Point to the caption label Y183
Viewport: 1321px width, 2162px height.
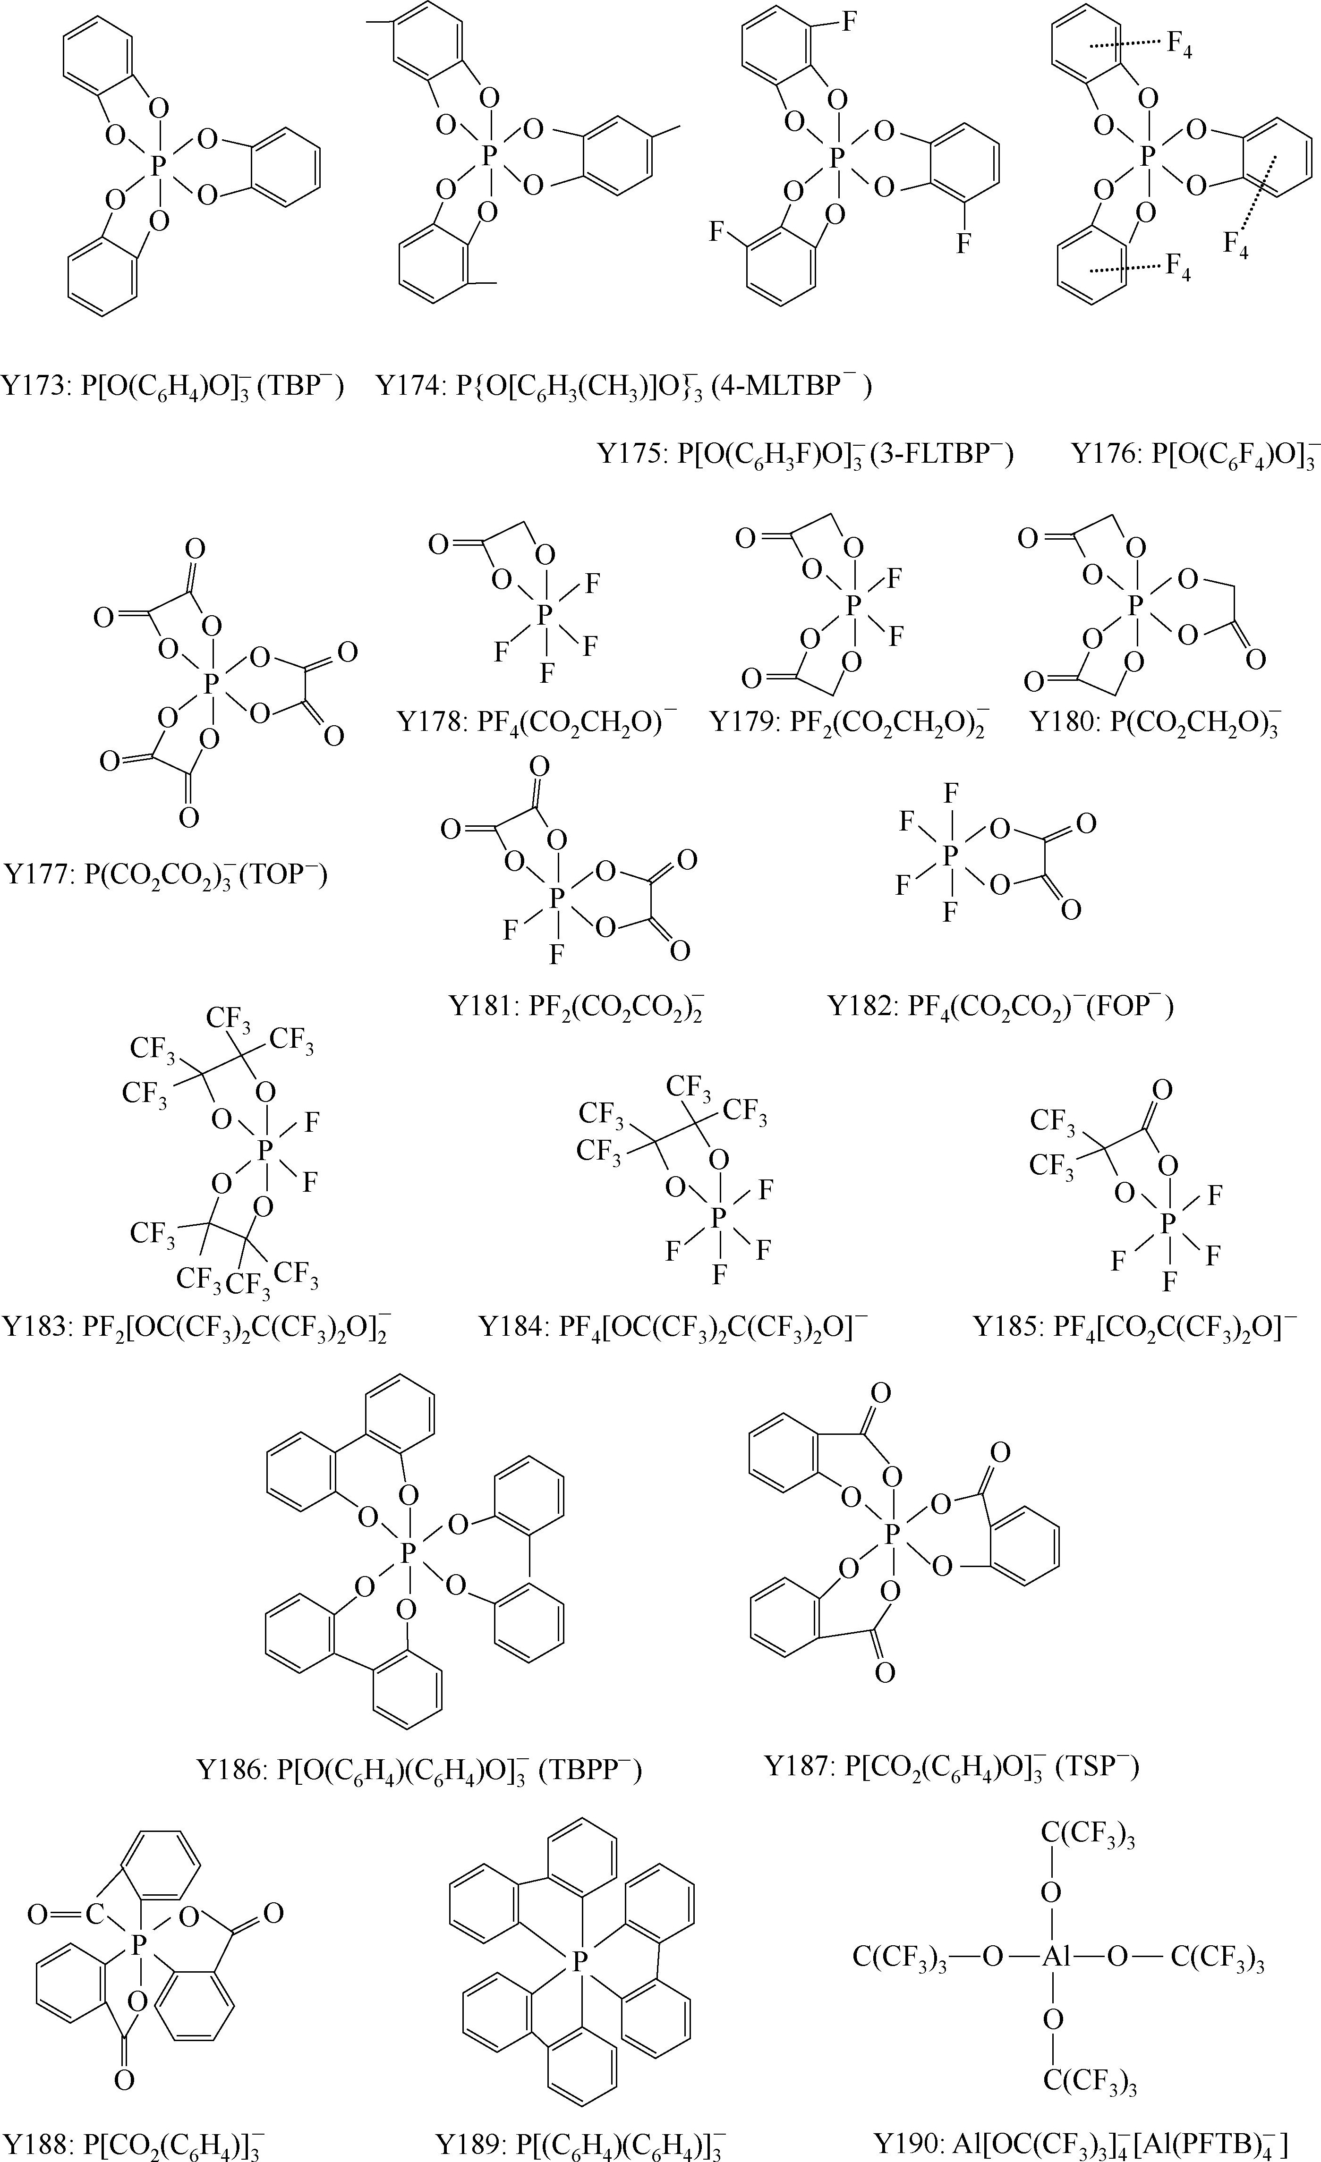[35, 1326]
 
